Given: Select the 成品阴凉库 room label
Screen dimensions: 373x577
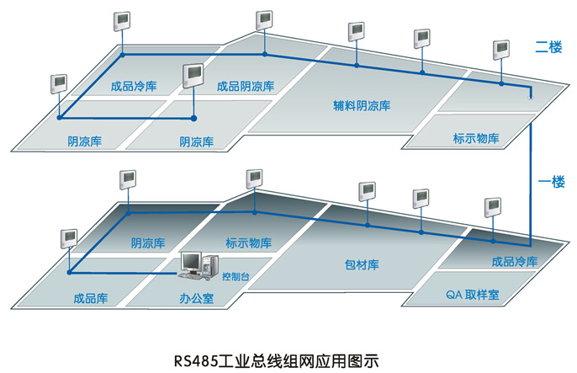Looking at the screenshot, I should (x=245, y=86).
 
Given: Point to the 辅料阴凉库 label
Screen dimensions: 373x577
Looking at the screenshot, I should (x=363, y=106).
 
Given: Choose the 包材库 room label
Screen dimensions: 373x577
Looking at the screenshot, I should (x=362, y=265).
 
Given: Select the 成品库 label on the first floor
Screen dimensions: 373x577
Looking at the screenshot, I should (x=90, y=298).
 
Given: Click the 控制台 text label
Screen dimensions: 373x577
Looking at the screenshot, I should (x=234, y=275).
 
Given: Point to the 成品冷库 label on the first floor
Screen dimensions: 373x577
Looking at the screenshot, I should (x=514, y=261).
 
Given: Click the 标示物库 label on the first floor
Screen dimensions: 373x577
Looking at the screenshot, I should (x=249, y=244).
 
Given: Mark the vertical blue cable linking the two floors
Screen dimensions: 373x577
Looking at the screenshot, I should (x=531, y=168).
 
